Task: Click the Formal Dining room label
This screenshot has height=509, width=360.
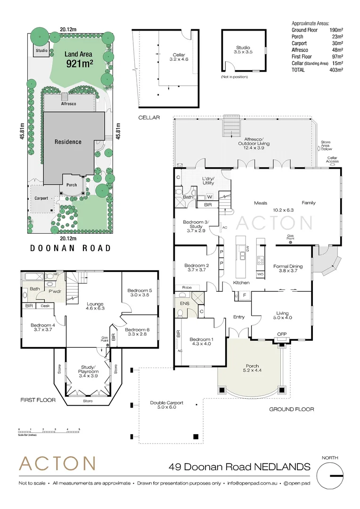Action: point(287,269)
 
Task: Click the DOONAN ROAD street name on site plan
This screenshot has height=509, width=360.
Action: point(71,248)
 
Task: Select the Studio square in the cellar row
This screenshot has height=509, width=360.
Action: point(244,50)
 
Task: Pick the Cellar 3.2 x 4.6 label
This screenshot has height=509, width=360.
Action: point(179,57)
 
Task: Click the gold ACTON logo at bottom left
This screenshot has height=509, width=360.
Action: point(57,464)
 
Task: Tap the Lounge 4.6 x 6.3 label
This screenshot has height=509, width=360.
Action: point(95,307)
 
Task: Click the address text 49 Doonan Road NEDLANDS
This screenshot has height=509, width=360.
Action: point(239,467)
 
